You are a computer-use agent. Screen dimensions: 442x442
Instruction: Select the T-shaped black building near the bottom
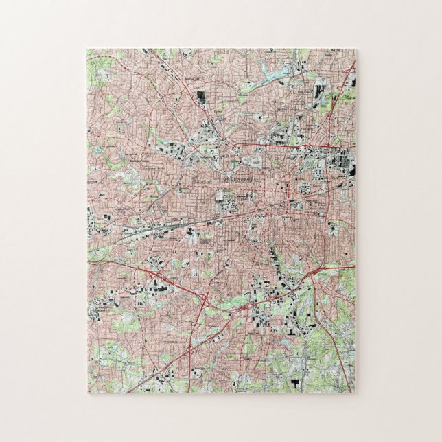point(296,381)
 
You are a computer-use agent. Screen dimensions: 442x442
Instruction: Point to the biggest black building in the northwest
point(201,97)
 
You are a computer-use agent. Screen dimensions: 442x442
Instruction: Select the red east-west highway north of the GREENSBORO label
point(275,146)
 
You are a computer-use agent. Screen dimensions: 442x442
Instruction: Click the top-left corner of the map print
point(87,49)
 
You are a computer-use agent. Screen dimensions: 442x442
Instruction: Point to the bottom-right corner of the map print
point(354,393)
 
